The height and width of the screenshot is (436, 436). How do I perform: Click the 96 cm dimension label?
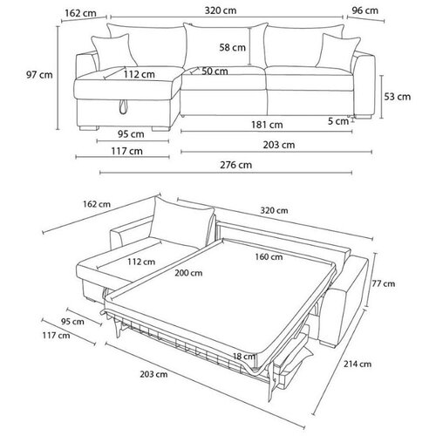[x=365, y=10]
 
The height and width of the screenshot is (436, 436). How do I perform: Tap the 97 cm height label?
[x=39, y=75]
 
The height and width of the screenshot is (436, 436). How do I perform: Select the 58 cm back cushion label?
[x=233, y=47]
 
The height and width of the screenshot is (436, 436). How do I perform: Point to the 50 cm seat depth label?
[x=215, y=72]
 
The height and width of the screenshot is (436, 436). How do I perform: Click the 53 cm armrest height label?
[x=398, y=97]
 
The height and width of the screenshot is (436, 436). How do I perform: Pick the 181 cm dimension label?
[x=267, y=125]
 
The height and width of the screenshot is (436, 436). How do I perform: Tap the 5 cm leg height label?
[x=338, y=121]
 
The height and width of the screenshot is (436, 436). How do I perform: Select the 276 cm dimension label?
[x=235, y=165]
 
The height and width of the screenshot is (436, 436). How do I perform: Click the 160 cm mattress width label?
[x=269, y=257]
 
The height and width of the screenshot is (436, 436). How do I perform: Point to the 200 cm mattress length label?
[x=188, y=273]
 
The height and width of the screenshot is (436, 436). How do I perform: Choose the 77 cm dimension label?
[x=384, y=283]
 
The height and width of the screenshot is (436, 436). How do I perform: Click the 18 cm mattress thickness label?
[x=244, y=356]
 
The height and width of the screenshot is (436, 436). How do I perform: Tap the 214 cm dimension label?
[x=358, y=364]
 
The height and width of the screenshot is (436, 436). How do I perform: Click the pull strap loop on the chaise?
[x=123, y=106]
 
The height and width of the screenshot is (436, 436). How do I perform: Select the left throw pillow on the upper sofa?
[x=114, y=52]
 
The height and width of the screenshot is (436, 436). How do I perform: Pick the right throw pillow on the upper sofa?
[x=338, y=52]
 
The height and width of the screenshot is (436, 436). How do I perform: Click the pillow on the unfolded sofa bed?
[x=181, y=222]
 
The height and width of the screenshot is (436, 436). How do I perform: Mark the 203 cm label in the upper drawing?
[x=279, y=145]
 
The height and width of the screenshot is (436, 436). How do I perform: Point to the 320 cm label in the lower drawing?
[x=274, y=210]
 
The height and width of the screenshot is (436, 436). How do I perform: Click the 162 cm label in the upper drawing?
[x=80, y=13]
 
